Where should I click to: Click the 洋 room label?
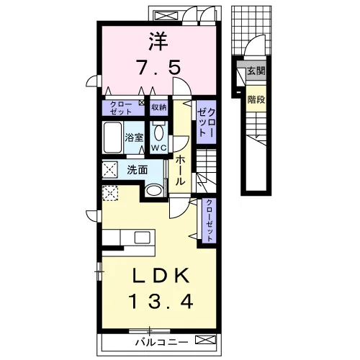pos(158,42)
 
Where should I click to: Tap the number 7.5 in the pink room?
pos(158,67)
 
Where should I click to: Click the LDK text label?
pos(161,276)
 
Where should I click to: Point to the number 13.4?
pos(161,302)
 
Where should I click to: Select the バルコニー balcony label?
pos(162,342)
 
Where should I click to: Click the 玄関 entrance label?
pos(256,71)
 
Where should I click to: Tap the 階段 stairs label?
pos(256,99)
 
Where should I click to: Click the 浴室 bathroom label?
pos(134,138)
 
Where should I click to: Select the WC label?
pos(159,148)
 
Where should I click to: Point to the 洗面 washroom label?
pos(137,170)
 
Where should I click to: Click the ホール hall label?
pos(180,171)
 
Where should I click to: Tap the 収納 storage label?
pos(159,107)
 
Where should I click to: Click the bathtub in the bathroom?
pos(112,138)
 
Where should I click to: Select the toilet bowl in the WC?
pos(158,132)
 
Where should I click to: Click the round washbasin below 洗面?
pos(155,190)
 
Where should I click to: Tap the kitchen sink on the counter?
pos(142,238)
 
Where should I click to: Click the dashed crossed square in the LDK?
pos(110,193)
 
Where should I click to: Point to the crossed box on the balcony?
pos(206,340)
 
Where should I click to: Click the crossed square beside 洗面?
pos(110,170)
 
